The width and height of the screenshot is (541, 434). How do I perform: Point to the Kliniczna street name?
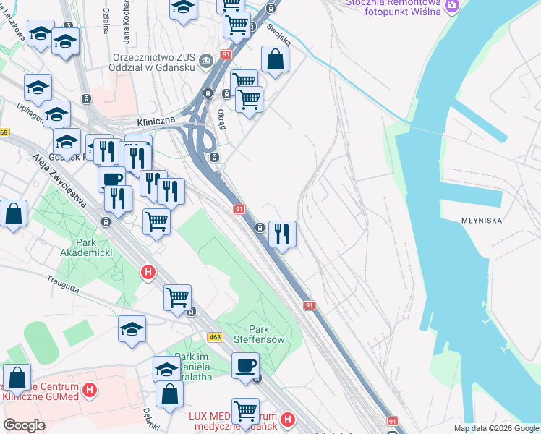pyautogui.click(x=157, y=123)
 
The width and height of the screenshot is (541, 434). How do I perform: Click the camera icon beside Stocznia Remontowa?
pyautogui.click(x=452, y=6)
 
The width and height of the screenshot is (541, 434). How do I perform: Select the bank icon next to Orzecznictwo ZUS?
pyautogui.click(x=207, y=59)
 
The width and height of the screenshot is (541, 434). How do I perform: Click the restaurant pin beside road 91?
pyautogui.click(x=283, y=234)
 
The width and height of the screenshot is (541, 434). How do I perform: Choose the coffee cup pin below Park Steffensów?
pyautogui.click(x=246, y=365)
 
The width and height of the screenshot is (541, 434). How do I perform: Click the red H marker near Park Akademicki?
pyautogui.click(x=148, y=272)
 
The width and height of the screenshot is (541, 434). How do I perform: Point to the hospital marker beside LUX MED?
pyautogui.click(x=288, y=419)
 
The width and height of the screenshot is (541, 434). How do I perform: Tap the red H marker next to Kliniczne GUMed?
pyautogui.click(x=90, y=391)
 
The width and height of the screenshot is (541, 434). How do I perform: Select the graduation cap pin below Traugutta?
pyautogui.click(x=132, y=328)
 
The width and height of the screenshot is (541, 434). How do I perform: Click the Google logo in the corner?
pyautogui.click(x=25, y=425)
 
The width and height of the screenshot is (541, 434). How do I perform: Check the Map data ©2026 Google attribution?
pyautogui.click(x=495, y=428)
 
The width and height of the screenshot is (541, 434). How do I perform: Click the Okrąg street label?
pyautogui.click(x=221, y=119)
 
